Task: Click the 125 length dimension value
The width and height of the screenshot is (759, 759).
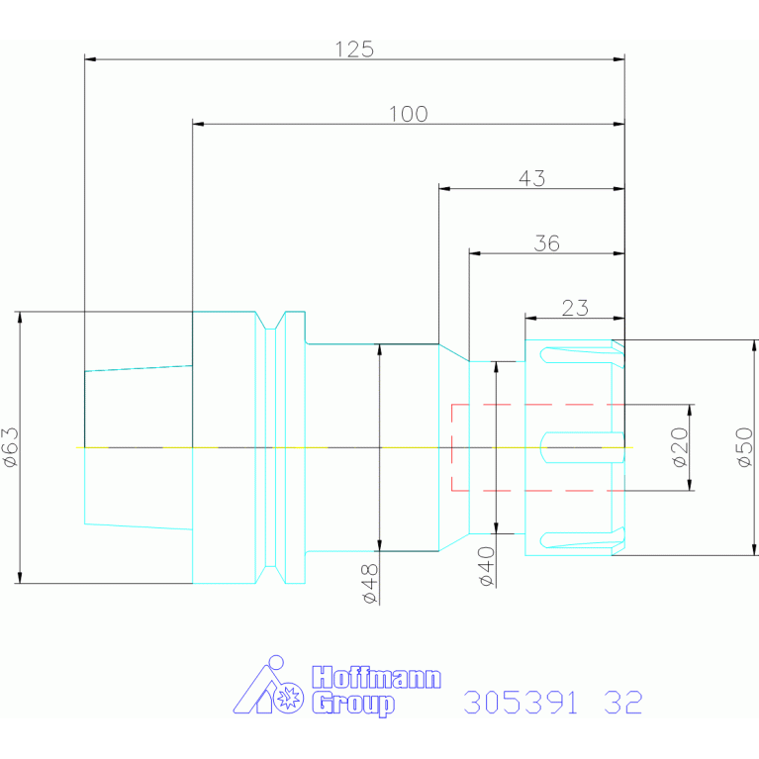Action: point(354,49)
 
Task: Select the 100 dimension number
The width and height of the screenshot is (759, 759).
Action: point(409,114)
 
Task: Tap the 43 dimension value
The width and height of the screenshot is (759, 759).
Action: point(532,178)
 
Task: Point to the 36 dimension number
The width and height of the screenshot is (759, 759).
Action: point(547,243)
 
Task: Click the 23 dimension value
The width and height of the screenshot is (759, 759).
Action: point(575,308)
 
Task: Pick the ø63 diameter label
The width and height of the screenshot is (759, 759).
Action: point(11,447)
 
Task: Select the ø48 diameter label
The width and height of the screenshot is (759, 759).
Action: point(370,583)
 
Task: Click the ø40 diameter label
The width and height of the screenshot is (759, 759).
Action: point(488,566)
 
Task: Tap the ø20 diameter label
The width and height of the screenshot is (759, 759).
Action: point(681,447)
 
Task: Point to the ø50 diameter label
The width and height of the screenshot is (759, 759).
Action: point(745,447)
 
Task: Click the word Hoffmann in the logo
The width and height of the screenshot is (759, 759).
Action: point(377,677)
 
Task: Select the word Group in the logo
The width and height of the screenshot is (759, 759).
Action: point(353,704)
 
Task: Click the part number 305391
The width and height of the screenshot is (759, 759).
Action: point(521,703)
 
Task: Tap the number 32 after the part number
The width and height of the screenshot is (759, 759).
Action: point(623,703)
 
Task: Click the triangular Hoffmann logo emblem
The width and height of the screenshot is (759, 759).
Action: point(268,686)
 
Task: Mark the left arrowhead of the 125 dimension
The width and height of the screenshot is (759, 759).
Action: point(90,59)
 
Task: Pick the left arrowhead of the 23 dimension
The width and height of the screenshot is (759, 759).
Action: point(531,318)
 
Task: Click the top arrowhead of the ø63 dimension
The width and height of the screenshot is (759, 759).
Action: point(20,317)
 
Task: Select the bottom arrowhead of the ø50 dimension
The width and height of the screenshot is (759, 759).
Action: point(754,549)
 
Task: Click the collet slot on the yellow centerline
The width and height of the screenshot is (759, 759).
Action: point(582,447)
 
